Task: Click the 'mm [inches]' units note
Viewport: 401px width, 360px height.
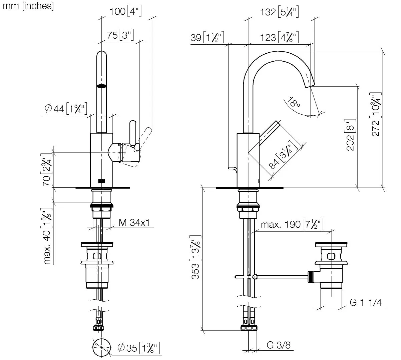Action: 28,6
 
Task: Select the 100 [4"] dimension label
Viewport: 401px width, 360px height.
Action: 126,12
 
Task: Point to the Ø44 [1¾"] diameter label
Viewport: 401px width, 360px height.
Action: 66,108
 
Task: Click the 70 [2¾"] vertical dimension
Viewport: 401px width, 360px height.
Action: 46,170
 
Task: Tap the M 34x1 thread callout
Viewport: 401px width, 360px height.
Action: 134,222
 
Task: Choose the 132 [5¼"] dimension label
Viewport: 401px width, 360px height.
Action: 280,13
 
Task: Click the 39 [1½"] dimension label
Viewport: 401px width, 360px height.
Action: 207,37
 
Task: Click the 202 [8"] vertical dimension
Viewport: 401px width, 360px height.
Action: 350,135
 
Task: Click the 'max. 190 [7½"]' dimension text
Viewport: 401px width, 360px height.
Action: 292,224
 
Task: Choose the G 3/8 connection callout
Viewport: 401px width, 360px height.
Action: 279,345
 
